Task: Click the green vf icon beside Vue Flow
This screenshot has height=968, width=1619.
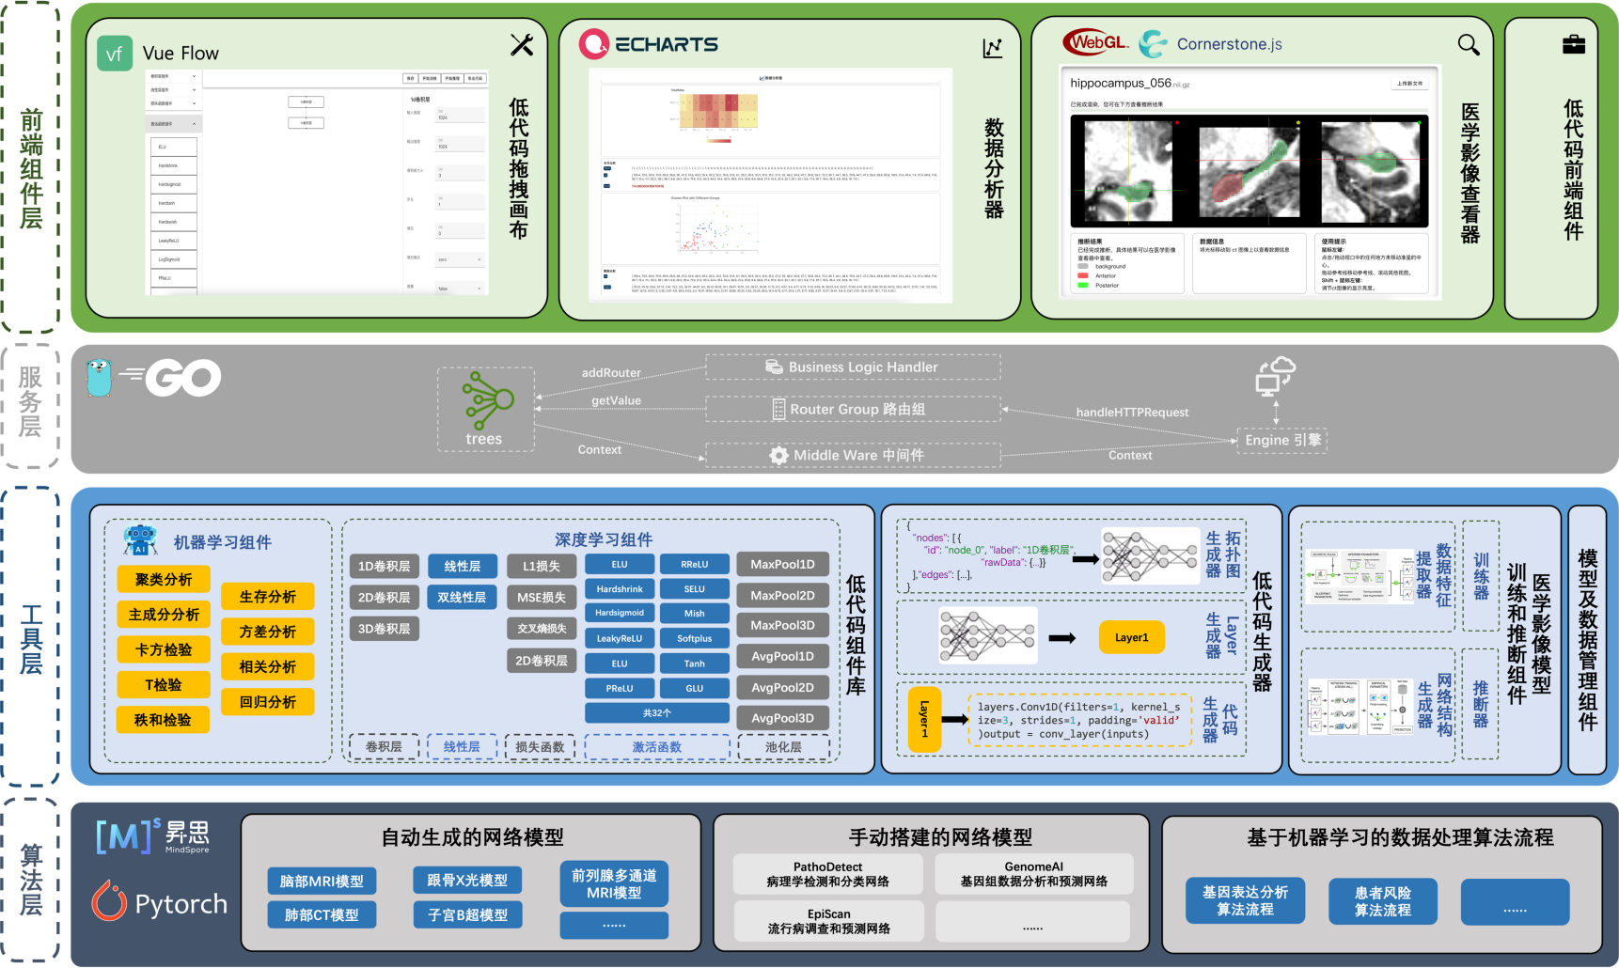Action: tap(114, 54)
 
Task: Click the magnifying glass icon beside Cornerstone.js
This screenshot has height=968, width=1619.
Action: tap(1468, 44)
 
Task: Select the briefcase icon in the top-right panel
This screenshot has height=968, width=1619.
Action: tap(1573, 44)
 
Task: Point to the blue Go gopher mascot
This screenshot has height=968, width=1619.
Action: tap(99, 378)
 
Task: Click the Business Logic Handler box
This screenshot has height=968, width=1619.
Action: tap(853, 367)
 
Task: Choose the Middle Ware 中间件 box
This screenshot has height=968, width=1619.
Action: tap(853, 455)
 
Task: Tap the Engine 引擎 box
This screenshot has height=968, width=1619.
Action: tap(1282, 440)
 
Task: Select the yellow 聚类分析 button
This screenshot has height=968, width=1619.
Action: tap(164, 580)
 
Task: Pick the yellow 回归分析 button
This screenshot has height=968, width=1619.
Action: tap(268, 702)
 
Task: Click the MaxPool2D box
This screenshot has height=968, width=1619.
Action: tap(782, 595)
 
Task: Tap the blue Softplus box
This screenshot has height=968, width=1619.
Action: tap(694, 638)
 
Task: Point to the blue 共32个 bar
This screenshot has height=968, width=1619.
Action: tap(656, 713)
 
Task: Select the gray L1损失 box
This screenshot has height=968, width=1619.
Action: tap(541, 566)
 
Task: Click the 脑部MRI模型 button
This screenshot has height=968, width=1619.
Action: tap(322, 881)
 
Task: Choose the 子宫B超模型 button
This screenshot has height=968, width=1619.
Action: tap(467, 914)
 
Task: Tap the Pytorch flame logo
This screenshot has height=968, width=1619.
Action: tap(109, 902)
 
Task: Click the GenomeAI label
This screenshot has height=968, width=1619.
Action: tap(1033, 867)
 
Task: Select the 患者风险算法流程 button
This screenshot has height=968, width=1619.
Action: tap(1382, 901)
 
